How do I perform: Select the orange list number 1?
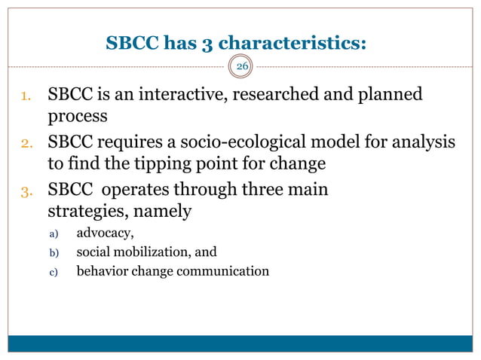(25, 96)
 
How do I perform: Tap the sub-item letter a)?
(53, 233)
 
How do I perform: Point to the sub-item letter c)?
(53, 272)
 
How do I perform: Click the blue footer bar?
(240, 343)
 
